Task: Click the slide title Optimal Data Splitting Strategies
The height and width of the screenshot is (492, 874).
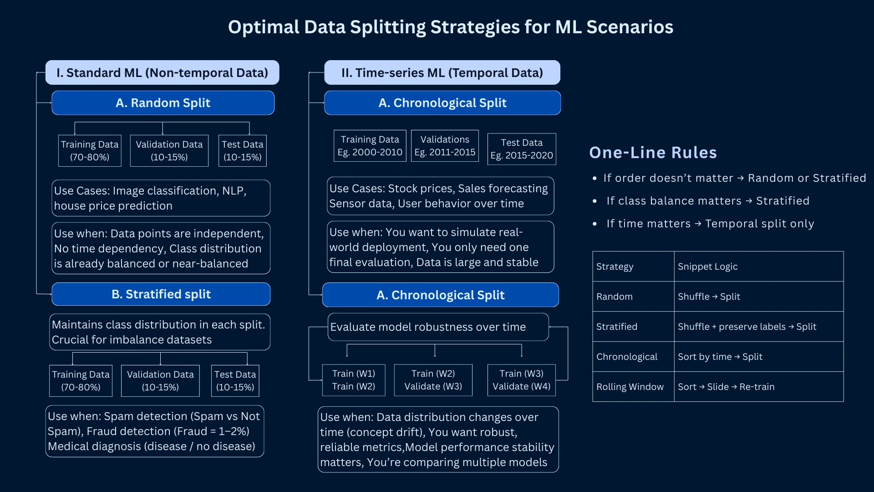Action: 450,27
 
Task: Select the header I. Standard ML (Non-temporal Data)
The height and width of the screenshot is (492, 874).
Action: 162,73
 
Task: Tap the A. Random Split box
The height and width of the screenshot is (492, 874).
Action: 163,103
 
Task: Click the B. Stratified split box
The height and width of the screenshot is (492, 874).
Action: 161,294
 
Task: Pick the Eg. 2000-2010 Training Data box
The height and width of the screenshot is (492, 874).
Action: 370,146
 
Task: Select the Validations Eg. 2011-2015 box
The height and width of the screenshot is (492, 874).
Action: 445,146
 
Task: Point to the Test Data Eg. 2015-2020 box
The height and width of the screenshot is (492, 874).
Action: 522,149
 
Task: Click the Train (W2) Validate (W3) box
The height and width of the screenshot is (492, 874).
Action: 433,380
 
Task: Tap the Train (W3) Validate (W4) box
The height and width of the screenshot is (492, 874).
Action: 521,380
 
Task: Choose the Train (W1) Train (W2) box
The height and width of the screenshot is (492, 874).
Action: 354,380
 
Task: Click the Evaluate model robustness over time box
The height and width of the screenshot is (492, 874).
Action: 438,327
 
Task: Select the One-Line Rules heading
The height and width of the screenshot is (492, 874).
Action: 653,153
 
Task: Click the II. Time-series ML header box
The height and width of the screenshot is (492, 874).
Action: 442,73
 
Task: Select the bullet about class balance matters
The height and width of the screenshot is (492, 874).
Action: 708,201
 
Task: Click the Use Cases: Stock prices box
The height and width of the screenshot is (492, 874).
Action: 440,196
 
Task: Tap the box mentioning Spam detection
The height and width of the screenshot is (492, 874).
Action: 155,431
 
